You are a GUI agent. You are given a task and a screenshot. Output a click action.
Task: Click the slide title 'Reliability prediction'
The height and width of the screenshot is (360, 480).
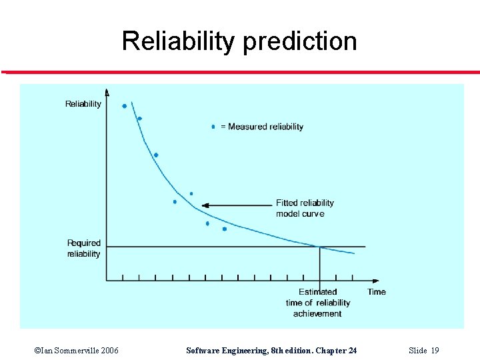pyautogui.click(x=239, y=41)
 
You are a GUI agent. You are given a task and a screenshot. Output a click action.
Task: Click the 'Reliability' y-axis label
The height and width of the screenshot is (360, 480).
pyautogui.click(x=83, y=103)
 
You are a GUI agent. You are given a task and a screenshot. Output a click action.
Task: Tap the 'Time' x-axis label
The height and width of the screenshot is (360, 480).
pyautogui.click(x=377, y=291)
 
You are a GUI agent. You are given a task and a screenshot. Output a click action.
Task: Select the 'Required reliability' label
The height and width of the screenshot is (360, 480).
pyautogui.click(x=84, y=248)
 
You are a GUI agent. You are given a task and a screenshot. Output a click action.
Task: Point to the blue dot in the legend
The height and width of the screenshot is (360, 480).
pyautogui.click(x=213, y=126)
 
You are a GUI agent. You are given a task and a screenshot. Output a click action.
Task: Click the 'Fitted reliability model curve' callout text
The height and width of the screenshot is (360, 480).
pyautogui.click(x=305, y=208)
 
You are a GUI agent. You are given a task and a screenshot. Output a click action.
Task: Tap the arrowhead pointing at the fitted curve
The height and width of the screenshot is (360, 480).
pyautogui.click(x=205, y=205)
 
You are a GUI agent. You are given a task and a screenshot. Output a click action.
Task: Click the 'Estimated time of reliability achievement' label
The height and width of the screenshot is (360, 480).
pyautogui.click(x=318, y=303)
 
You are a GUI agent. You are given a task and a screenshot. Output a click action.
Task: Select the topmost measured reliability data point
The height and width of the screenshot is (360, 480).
pyautogui.click(x=124, y=105)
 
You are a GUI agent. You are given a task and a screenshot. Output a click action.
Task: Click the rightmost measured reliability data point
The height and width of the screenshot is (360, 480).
pyautogui.click(x=225, y=229)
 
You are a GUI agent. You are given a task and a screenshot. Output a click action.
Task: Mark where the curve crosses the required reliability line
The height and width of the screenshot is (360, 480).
pyautogui.click(x=319, y=247)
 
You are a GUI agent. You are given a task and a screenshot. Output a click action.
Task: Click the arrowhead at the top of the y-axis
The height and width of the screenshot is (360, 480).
pyautogui.click(x=107, y=92)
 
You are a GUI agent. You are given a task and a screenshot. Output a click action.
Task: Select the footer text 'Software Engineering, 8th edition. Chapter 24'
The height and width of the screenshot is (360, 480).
pyautogui.click(x=271, y=351)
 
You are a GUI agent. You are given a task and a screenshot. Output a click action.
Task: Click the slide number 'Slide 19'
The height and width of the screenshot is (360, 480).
pyautogui.click(x=424, y=351)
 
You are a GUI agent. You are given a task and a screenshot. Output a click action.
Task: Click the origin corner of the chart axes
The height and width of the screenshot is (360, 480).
pyautogui.click(x=107, y=281)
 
